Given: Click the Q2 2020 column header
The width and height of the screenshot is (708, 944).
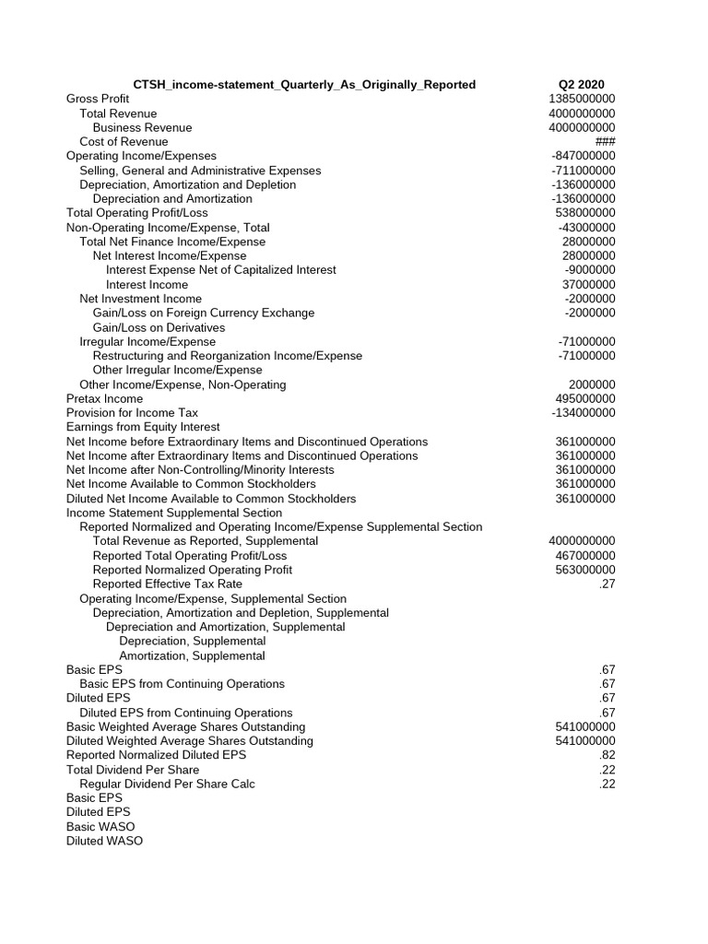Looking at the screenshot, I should (x=581, y=85).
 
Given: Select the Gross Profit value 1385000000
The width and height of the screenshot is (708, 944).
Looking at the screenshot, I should (x=582, y=99).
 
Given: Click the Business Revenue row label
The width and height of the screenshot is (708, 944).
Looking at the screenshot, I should (x=142, y=127).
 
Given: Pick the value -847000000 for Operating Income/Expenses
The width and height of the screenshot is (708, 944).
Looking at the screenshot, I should (x=584, y=156).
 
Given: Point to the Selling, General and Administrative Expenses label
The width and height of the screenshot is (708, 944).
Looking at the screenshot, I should (x=200, y=171).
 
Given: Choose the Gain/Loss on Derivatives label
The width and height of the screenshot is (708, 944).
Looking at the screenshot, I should (x=159, y=327).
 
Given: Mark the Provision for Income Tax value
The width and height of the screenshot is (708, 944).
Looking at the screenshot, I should (x=584, y=413).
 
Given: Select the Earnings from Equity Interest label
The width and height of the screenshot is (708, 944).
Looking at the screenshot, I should (x=143, y=427).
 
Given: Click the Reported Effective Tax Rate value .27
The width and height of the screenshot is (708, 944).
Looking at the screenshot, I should (x=607, y=584).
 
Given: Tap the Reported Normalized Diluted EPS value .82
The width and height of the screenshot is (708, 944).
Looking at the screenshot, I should (x=607, y=755).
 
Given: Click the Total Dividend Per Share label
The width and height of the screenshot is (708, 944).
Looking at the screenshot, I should (x=133, y=770).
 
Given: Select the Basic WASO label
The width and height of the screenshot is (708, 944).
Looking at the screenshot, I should (x=100, y=827).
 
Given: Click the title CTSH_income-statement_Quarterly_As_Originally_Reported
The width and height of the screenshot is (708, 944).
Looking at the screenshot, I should (x=304, y=85).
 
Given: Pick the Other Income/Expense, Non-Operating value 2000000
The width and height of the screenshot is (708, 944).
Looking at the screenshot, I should (x=593, y=384).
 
